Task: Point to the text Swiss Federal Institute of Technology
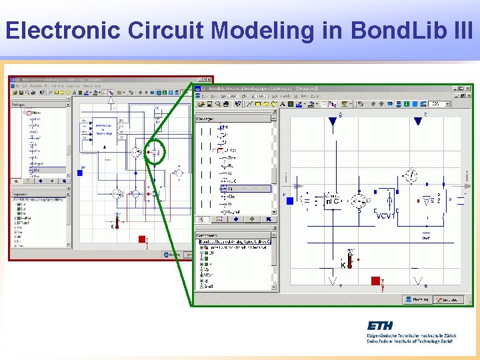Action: click(409, 341)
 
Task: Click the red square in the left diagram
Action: click(141, 239)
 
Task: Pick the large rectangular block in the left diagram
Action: click(104, 132)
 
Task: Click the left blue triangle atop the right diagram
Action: click(332, 121)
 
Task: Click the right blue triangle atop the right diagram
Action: click(418, 121)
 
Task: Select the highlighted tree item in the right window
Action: click(247, 189)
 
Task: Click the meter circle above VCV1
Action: click(412, 176)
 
